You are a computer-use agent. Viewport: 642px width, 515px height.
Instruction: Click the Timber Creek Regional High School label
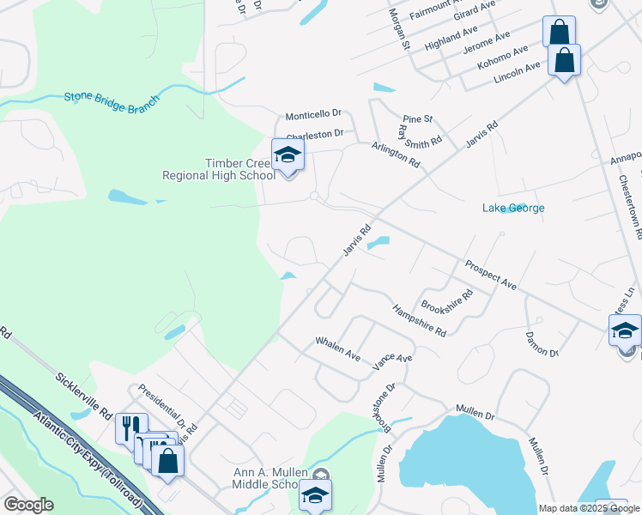tap(219, 169)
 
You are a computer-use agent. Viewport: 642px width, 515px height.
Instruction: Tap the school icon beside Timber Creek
tap(288, 155)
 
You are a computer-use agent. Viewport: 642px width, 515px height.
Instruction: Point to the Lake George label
tap(513, 208)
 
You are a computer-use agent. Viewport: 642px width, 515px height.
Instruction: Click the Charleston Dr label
tap(315, 135)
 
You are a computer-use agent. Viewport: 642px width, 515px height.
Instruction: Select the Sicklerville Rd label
tap(83, 394)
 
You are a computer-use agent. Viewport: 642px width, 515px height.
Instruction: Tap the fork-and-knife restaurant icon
tap(131, 427)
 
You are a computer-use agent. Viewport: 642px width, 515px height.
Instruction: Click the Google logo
tap(28, 505)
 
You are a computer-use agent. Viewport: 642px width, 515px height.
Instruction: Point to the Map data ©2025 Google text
tap(589, 508)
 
